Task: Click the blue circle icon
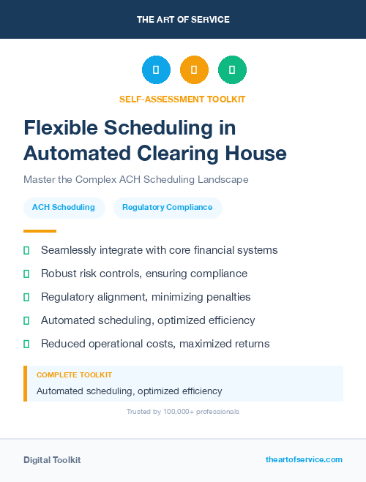click(x=156, y=70)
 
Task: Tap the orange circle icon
click(x=194, y=70)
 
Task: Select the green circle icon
click(x=232, y=70)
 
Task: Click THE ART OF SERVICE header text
click(x=183, y=20)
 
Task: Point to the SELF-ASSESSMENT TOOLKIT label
click(x=182, y=99)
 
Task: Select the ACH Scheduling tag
click(x=64, y=208)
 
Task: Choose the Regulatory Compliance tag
click(x=168, y=208)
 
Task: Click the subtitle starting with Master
click(x=136, y=179)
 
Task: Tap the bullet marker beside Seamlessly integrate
click(x=26, y=250)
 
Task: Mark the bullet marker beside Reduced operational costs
click(x=26, y=344)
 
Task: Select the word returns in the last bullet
click(x=250, y=344)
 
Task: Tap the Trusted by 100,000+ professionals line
click(x=183, y=412)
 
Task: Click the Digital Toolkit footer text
click(x=52, y=460)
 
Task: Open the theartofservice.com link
click(x=304, y=459)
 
